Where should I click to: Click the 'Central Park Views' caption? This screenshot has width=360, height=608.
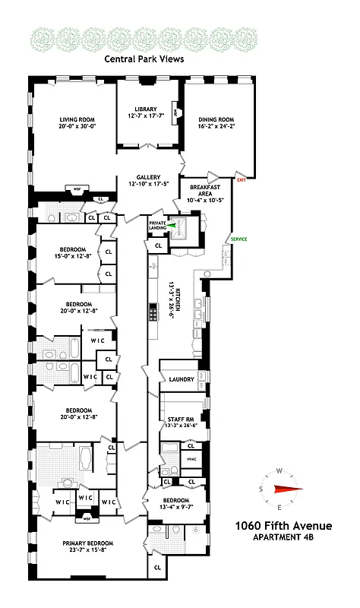click(x=144, y=59)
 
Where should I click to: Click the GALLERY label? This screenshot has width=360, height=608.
click(x=148, y=177)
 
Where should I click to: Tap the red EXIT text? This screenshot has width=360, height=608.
click(x=242, y=180)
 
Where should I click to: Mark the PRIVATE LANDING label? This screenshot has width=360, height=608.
click(x=157, y=225)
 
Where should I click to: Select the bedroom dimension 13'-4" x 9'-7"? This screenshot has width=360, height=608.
click(x=175, y=506)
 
